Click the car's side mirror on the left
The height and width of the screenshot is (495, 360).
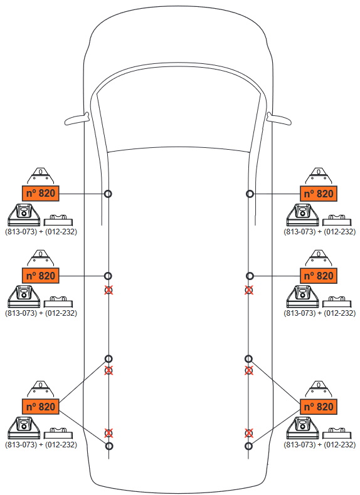[x=77, y=119]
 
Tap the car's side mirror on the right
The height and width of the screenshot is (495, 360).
[x=278, y=119]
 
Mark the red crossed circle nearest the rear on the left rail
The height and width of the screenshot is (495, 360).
[x=109, y=433]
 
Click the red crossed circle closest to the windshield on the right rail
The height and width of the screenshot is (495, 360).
[x=249, y=290]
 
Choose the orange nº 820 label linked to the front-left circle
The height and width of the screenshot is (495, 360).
[x=41, y=193]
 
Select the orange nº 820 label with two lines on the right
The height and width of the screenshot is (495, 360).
[x=319, y=407]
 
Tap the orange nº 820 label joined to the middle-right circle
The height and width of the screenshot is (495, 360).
[x=319, y=276]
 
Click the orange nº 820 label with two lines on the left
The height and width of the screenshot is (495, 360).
[x=41, y=407]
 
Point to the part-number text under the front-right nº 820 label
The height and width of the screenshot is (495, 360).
[x=319, y=231]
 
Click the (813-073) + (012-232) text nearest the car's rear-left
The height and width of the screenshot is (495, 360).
[x=41, y=444]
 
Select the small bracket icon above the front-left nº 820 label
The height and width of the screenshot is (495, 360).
[x=41, y=176]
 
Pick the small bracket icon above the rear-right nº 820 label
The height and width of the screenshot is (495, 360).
[x=319, y=389]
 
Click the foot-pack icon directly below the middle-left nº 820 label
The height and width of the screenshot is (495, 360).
[x=24, y=296]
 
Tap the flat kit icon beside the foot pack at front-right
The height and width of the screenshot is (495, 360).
[x=337, y=220]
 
